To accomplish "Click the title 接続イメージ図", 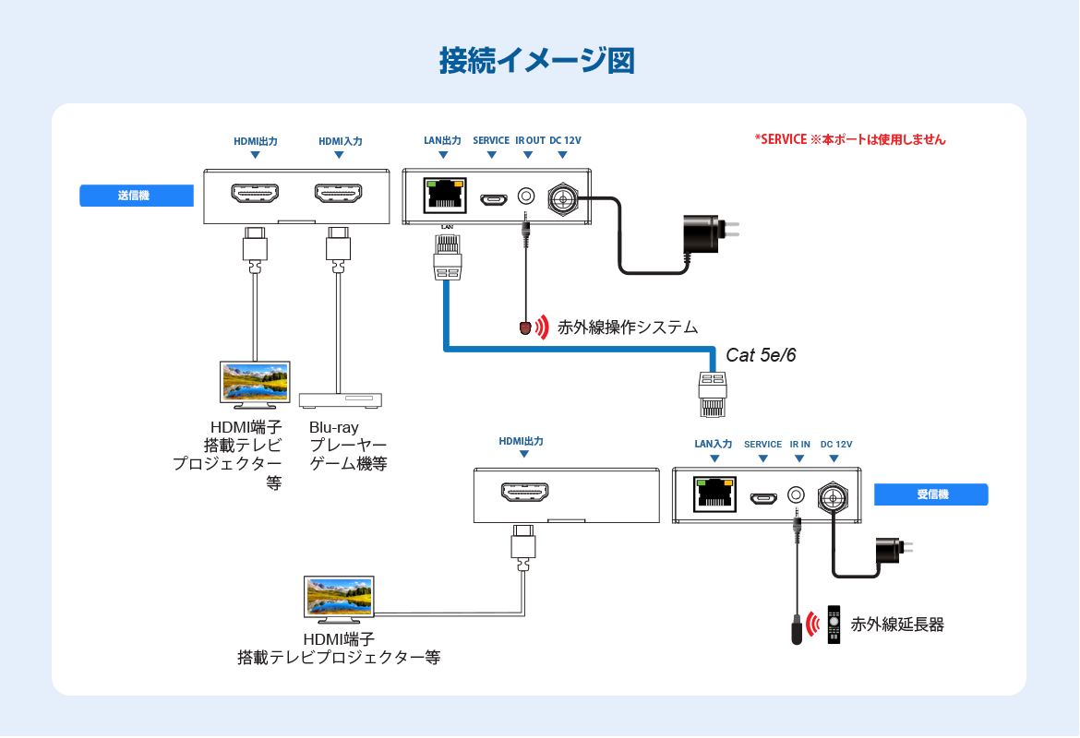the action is tap(536, 61).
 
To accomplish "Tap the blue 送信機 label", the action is tap(137, 196).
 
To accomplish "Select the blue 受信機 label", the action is tap(931, 494).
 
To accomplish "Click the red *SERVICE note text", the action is tap(850, 139).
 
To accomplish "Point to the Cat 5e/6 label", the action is tap(761, 355).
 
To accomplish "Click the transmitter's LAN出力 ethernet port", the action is tap(445, 196).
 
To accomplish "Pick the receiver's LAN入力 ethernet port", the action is tap(714, 494).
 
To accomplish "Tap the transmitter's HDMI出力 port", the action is tap(255, 194).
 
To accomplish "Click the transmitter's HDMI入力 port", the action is tap(338, 194).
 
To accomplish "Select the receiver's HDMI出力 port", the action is tap(524, 493).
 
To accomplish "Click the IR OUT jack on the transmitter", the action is tap(525, 196).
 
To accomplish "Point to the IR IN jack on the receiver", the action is tap(796, 495).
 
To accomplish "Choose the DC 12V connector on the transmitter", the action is tap(563, 199).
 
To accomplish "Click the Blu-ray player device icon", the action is tap(341, 400).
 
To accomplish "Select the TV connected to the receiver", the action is tap(339, 600).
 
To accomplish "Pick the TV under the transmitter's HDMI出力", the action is tap(255, 384).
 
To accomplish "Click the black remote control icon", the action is tap(834, 625).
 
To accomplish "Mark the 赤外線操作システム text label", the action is tap(628, 327).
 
